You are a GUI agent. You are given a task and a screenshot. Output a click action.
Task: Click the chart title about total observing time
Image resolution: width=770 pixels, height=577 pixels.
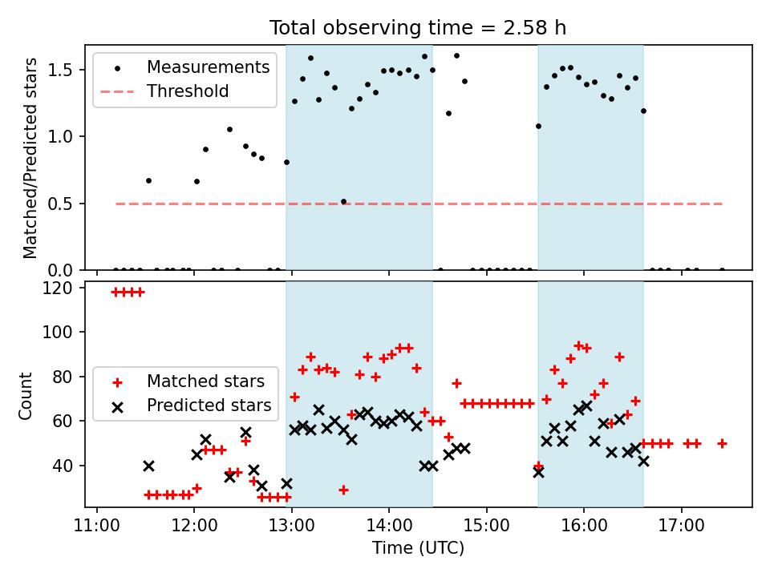418,27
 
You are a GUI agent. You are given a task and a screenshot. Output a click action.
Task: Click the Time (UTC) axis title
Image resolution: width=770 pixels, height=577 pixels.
418,549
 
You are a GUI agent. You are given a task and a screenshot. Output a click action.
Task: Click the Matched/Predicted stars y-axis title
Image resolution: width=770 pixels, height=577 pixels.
30,159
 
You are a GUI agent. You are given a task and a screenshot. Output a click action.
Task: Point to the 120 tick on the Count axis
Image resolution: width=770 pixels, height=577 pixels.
62,288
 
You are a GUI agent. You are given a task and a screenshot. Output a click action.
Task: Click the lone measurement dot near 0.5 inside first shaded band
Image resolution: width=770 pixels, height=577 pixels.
343,202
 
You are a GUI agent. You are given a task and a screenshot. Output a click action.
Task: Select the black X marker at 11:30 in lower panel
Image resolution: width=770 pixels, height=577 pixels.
148,466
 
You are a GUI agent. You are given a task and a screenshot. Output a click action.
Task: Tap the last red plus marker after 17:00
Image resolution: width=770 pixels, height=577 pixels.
722,443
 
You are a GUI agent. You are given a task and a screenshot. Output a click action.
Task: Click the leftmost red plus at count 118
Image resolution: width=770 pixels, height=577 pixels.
115,293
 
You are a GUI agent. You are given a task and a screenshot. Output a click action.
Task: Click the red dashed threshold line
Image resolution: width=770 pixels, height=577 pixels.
418,204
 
